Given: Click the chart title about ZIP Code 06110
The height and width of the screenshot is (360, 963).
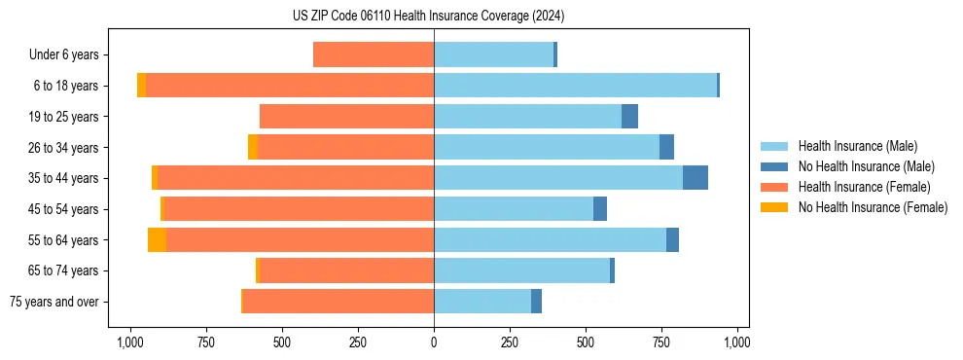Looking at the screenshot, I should point(428,17).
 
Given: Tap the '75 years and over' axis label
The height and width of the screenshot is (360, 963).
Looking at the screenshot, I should point(53,302).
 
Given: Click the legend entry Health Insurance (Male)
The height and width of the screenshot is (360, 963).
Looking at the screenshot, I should point(857,146).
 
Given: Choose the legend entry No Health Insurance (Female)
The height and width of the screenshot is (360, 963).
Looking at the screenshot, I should point(873,207).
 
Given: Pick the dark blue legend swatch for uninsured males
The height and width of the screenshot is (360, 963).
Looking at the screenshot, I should point(774,166).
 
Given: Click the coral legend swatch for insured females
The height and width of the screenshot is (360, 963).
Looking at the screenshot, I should point(774,187).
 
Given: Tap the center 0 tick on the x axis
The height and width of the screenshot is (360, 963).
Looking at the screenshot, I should point(434,342).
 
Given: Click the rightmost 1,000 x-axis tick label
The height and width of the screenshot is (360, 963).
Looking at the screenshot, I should point(737,342).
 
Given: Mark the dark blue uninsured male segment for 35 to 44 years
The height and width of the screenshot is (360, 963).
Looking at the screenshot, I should point(695,178).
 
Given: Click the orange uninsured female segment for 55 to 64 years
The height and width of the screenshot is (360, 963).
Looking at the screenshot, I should point(157,239).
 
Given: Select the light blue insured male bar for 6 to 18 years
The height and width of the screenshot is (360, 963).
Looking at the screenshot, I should point(575,86).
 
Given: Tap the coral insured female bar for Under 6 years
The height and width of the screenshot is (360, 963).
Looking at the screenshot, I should point(374,55).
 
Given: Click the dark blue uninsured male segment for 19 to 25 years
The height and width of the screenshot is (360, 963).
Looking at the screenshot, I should point(629,117).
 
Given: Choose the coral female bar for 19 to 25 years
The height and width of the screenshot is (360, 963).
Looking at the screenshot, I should point(347,117).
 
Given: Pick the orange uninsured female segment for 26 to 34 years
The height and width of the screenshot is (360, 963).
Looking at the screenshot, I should point(253,147).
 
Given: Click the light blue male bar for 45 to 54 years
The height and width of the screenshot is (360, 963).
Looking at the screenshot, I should point(514,209).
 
